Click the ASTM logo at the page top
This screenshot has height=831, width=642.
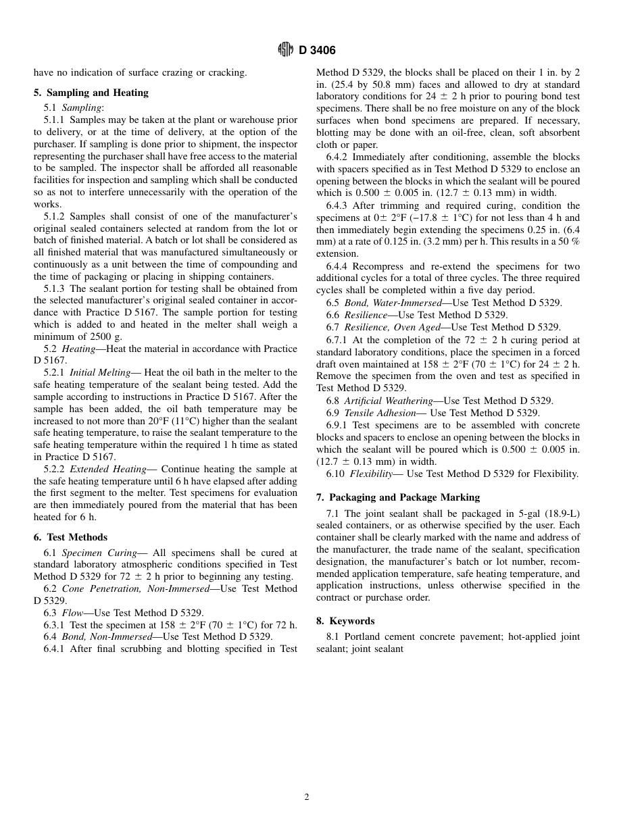(x=286, y=50)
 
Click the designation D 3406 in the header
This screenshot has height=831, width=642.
(x=317, y=51)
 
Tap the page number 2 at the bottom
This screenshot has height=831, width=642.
(x=307, y=797)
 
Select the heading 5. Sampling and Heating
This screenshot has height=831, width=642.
(x=91, y=93)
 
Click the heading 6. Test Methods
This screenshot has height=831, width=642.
(x=70, y=537)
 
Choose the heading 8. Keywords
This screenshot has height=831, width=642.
(x=345, y=621)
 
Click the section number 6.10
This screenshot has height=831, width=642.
(x=335, y=474)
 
